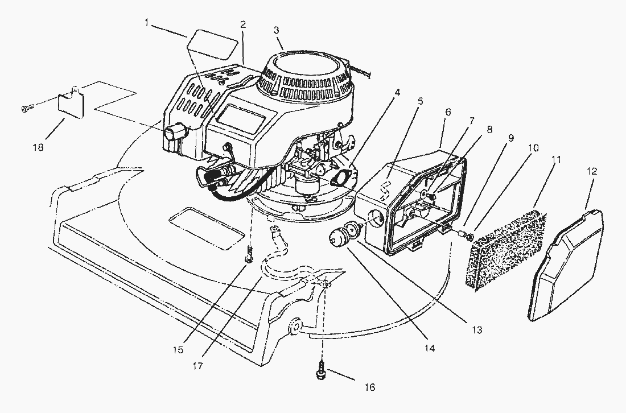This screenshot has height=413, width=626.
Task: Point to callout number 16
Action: tap(369, 387)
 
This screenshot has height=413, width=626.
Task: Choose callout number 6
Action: tap(447, 113)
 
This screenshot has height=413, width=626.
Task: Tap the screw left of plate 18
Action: tap(27, 107)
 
